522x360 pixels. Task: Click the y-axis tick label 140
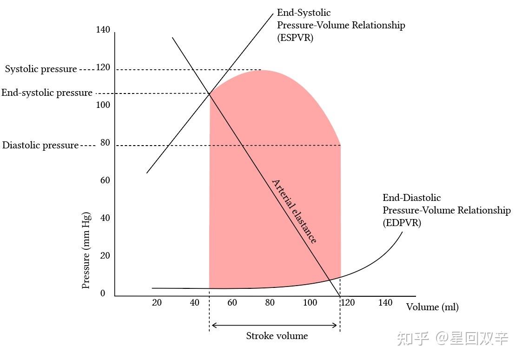point(103,30)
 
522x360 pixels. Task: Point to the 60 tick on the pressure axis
point(105,180)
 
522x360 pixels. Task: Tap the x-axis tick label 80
point(270,303)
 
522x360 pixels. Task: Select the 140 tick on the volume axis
point(385,303)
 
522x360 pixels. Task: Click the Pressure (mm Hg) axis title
point(86,251)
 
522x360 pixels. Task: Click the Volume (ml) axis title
point(432,307)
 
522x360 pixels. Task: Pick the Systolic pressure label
point(41,69)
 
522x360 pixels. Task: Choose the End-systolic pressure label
point(46,93)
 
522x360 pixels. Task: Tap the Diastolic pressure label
point(40,145)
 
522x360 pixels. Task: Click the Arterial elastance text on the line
point(294,211)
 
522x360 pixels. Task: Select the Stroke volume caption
point(277,336)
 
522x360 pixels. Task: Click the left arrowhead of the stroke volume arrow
point(213,325)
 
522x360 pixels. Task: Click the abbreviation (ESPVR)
point(295,38)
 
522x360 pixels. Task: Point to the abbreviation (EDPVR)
point(402,223)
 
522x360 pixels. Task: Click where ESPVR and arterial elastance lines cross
point(209,94)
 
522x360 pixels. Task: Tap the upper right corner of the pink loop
point(340,145)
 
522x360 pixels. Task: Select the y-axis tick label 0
point(103,293)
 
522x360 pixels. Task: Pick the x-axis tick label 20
point(157,303)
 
